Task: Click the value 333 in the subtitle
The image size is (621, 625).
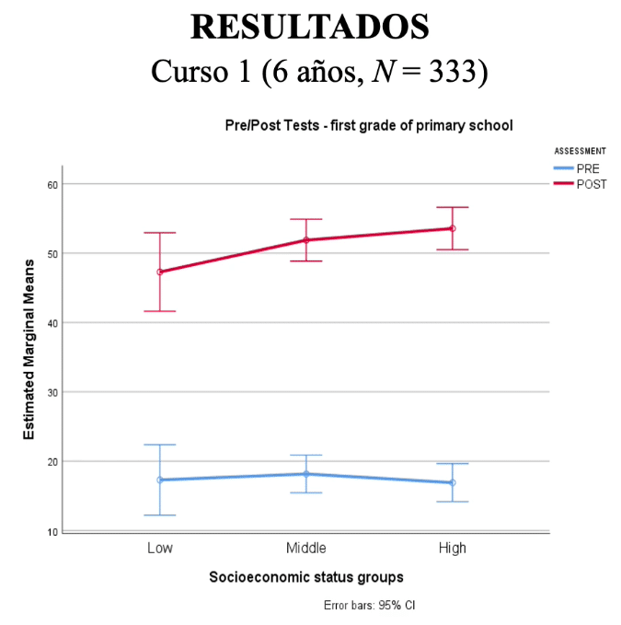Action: pos(456,71)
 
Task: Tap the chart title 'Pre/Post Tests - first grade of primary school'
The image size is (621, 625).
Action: pos(368,124)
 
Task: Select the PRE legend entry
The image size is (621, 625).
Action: pos(588,168)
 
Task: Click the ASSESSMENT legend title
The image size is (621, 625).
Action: pos(580,150)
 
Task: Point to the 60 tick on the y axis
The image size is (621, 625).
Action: pos(52,184)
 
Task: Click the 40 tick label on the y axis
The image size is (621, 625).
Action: pos(52,323)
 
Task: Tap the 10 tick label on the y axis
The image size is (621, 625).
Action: pos(52,531)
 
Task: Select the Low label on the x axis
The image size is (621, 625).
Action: pos(159,548)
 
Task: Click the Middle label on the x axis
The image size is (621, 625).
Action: pos(305,548)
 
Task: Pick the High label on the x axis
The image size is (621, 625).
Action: pos(452,548)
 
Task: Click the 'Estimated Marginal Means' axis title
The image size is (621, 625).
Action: pos(29,348)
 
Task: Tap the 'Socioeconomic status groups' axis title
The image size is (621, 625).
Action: pos(305,577)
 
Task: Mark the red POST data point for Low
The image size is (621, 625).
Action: pos(160,272)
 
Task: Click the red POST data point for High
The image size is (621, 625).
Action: pos(453,228)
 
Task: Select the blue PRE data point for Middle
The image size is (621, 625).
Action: pos(306,474)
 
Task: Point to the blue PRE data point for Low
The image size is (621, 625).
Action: pos(160,480)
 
